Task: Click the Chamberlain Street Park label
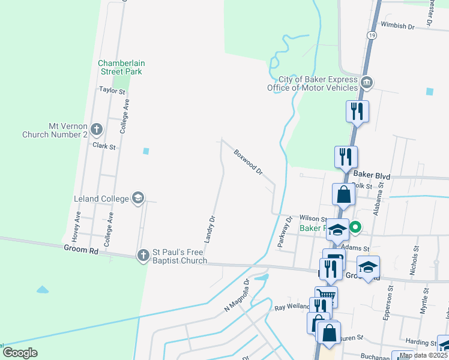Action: click(x=122, y=67)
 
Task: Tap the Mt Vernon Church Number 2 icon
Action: click(x=97, y=129)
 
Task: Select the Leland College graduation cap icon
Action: click(x=138, y=199)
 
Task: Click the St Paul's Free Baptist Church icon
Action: click(x=143, y=256)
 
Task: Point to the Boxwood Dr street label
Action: click(x=249, y=162)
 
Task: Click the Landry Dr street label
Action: click(x=209, y=229)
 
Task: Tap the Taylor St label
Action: click(x=112, y=91)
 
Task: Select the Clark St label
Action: click(x=103, y=146)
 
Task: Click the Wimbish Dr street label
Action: click(x=398, y=26)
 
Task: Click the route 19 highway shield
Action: click(x=373, y=36)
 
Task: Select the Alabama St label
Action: click(x=378, y=201)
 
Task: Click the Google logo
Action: click(x=20, y=353)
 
